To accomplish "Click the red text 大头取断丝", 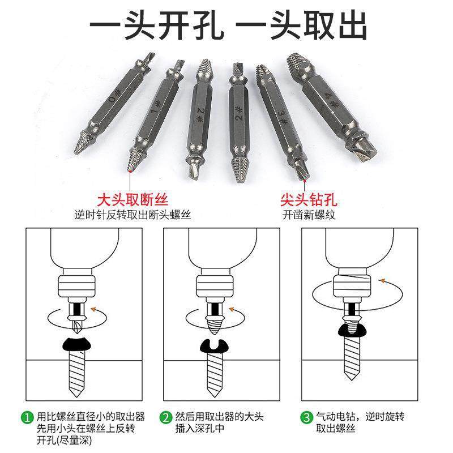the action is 133,199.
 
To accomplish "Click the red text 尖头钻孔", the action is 309,199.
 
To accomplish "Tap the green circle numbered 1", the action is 27,417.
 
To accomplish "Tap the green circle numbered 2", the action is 165,417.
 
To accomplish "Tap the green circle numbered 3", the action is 306,417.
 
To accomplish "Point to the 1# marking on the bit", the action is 156,107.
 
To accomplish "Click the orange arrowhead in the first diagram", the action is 93,309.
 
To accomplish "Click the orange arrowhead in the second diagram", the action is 232,309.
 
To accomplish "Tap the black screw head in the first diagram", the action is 76,344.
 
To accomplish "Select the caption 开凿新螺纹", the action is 309,215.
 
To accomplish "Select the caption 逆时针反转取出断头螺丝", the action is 133,215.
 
